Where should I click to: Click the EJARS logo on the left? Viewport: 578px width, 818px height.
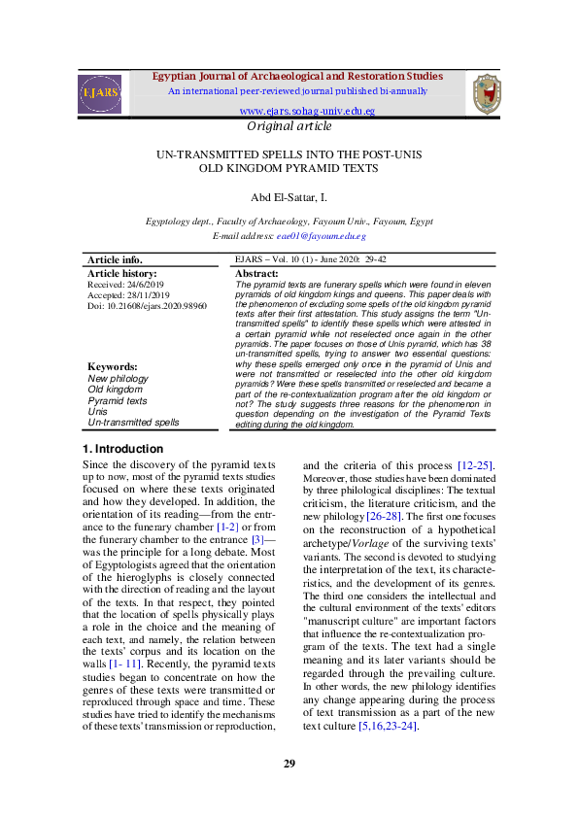point(100,94)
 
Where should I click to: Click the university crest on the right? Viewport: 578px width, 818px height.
point(486,94)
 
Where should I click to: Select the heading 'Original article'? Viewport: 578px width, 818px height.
point(289,126)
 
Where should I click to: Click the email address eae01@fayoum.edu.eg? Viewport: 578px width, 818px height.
point(321,236)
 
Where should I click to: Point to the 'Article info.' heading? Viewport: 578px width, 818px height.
point(115,260)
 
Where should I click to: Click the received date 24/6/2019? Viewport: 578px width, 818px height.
point(145,285)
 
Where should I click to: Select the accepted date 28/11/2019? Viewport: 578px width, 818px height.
point(146,295)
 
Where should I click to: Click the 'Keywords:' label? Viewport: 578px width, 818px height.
point(113,367)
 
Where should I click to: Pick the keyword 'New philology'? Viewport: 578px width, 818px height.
point(118,379)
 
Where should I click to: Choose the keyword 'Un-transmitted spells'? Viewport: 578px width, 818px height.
point(133,423)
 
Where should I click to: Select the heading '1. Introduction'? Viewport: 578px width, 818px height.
point(121,449)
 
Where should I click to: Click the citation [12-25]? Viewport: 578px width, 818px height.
point(472,466)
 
